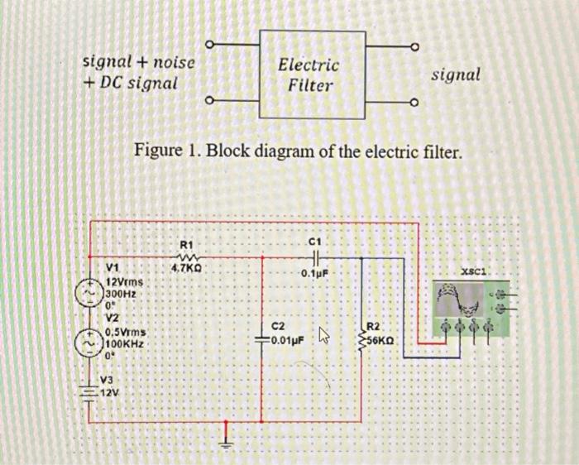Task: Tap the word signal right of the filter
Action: point(456,74)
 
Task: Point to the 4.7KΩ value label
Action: point(186,268)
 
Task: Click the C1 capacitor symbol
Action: point(314,256)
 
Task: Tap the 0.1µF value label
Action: point(315,273)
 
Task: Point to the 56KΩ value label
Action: point(382,340)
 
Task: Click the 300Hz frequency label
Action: point(120,294)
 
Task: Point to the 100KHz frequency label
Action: point(125,342)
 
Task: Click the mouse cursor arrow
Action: point(324,336)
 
